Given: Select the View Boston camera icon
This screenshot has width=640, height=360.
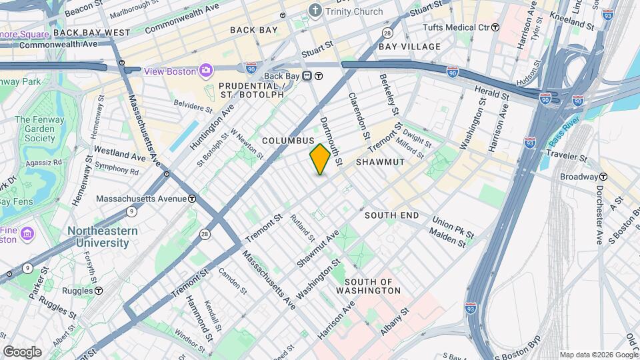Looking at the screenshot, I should click(x=206, y=71).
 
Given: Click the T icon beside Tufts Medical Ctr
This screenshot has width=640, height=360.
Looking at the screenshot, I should click(x=495, y=27).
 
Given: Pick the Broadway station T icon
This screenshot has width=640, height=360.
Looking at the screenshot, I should click(x=603, y=177).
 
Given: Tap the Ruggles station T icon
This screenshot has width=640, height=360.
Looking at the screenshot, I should click(x=99, y=291).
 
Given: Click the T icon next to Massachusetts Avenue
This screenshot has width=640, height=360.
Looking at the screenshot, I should click(x=192, y=199).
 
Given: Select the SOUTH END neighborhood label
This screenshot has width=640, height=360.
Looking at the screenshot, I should click(x=391, y=215).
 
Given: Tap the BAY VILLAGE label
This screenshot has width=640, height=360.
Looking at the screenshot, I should click(x=409, y=47).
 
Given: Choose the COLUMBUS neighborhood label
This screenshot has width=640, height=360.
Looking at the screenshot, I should click(x=287, y=141).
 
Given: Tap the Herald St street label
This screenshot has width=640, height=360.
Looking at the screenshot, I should click(x=492, y=94).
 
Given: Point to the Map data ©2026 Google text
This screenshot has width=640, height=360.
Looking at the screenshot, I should click(x=598, y=355).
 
